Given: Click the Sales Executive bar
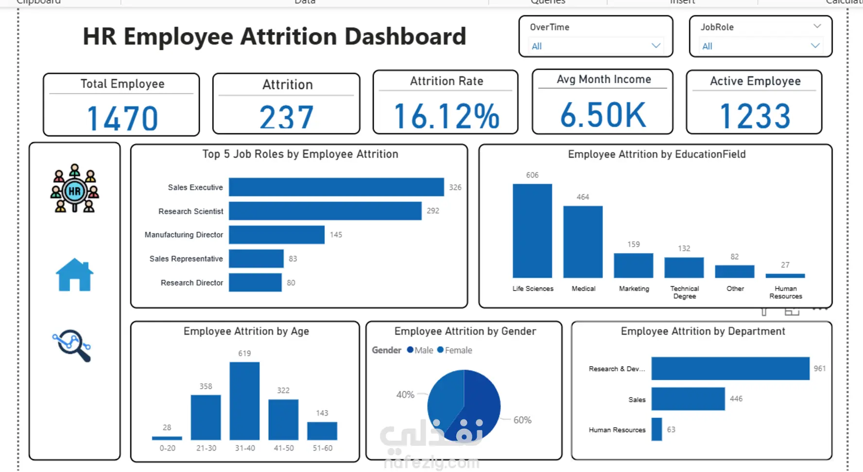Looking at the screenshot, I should coord(336,187).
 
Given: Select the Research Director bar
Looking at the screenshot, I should coord(255,283).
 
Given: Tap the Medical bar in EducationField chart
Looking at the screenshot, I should coord(583,242).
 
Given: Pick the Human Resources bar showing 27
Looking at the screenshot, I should coord(785,276).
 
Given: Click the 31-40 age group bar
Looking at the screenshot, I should coord(244,401).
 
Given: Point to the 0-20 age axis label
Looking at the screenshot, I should coord(167,448).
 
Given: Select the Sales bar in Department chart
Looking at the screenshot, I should coord(688,399).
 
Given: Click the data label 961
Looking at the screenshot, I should coord(819,369).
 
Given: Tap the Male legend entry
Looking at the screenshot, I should coord(420,350).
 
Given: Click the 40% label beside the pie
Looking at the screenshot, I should coord(405,395).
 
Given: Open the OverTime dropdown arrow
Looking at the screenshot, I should coord(656,46).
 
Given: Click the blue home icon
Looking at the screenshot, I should coord(74,275).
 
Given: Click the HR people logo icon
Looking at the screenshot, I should coord(74,189).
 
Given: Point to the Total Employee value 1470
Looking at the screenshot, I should coord(122,118).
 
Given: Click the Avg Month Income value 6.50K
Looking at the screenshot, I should coord(603,115).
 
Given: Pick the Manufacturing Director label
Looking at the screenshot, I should coord(184,235).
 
